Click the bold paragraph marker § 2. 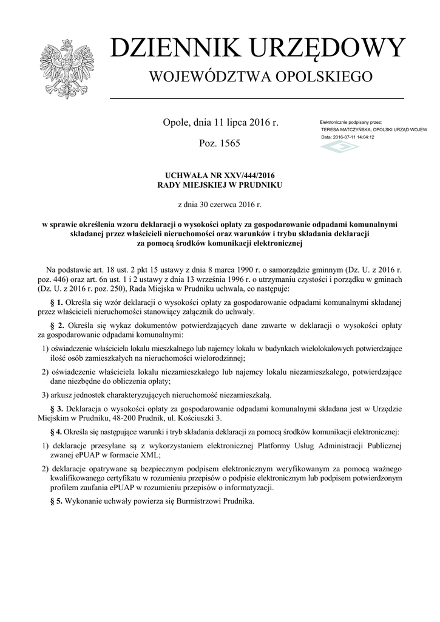pyautogui.click(x=57, y=325)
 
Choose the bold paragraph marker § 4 pyautogui.click(x=55, y=432)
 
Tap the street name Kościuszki pyautogui.click(x=195, y=419)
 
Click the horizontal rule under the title pyautogui.click(x=257, y=98)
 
